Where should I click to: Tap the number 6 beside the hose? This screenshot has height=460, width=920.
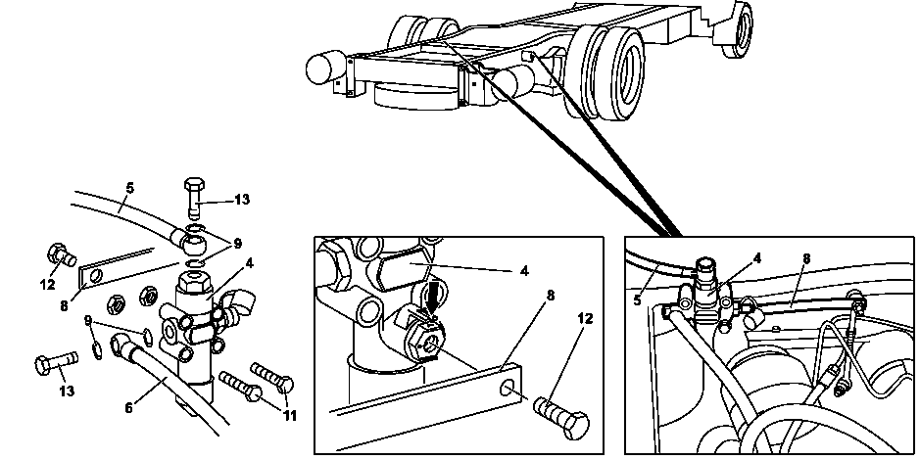(128, 407)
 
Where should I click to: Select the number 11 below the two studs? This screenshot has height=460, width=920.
(289, 415)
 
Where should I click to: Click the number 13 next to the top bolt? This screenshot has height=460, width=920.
(242, 200)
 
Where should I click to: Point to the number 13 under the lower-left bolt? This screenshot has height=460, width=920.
(67, 391)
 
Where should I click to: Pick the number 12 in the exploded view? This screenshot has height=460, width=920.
(48, 284)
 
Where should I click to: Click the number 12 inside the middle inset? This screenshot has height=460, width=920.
(586, 318)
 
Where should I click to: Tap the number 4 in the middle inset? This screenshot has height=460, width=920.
(524, 271)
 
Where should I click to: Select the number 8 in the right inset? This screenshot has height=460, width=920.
(806, 257)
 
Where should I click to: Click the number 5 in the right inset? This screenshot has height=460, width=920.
(637, 300)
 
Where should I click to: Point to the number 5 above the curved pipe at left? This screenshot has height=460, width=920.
(129, 188)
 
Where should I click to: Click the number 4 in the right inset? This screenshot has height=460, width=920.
(757, 257)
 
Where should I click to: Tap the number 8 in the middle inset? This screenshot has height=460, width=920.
(551, 295)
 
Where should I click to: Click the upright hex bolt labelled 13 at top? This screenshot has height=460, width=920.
(194, 198)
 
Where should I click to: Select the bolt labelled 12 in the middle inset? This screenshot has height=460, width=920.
(560, 417)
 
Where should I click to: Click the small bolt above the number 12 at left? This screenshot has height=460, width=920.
(61, 254)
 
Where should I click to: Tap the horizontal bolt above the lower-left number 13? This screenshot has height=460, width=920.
(56, 362)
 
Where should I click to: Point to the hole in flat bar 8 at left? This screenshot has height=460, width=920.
(96, 274)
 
